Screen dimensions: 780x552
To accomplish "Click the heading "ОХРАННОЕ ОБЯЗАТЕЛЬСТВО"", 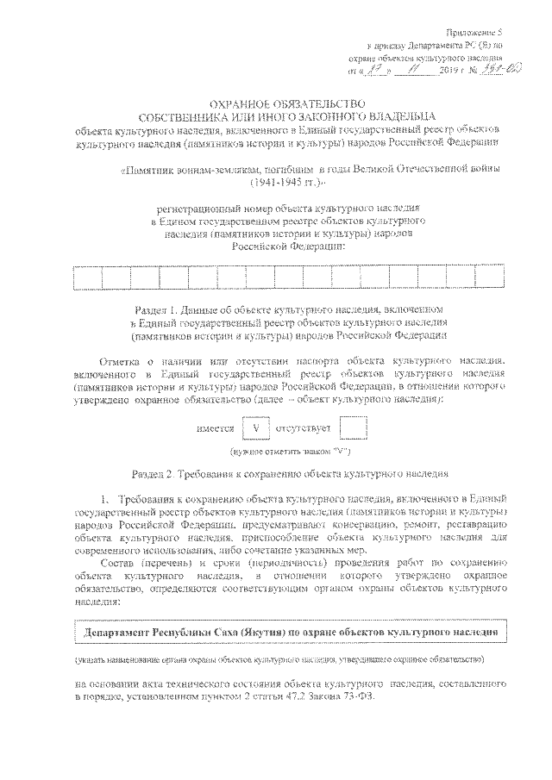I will [275, 103].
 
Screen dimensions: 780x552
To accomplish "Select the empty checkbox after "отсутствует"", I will [354, 427].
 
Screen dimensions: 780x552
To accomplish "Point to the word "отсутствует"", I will [305, 427].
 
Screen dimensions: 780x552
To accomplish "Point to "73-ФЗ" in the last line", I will [361, 697].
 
